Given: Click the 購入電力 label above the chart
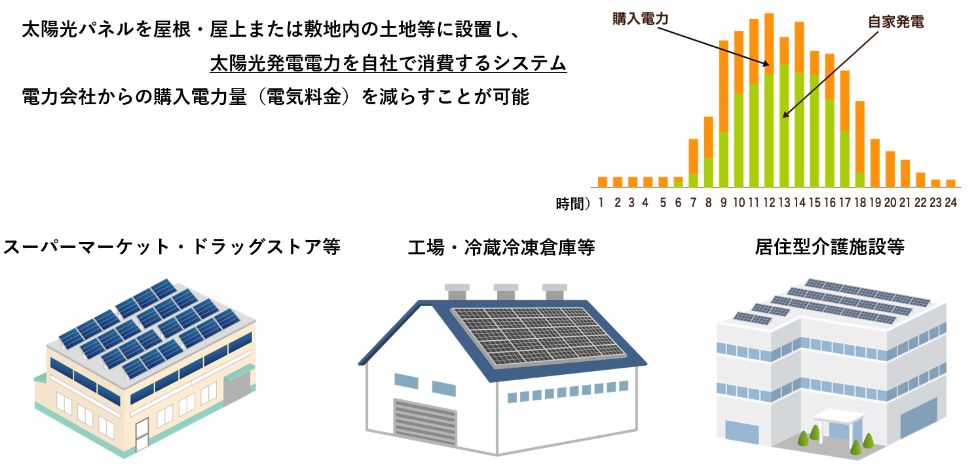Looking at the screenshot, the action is click(x=640, y=19).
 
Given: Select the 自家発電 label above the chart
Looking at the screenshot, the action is click(x=896, y=22).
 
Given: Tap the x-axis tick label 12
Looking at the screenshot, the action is click(x=769, y=203).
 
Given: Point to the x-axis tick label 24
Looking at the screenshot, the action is click(x=950, y=203).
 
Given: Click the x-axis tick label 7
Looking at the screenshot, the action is click(x=693, y=203).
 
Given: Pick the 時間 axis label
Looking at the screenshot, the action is click(x=569, y=204).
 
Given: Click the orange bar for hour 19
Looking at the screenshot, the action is click(x=875, y=163).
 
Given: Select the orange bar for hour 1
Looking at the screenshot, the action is click(x=603, y=182).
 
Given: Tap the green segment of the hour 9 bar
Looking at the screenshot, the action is click(x=724, y=159).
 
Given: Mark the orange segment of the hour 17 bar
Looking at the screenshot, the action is click(x=845, y=101).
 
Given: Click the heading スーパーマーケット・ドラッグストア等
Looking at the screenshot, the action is click(x=172, y=246).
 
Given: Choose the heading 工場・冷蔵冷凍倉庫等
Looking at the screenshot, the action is click(x=501, y=247).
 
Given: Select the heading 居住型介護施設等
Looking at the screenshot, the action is click(x=829, y=246).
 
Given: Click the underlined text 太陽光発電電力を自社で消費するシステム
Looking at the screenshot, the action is click(x=388, y=64).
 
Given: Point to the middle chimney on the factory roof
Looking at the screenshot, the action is click(x=506, y=292).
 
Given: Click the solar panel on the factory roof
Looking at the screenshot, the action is click(x=539, y=336).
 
